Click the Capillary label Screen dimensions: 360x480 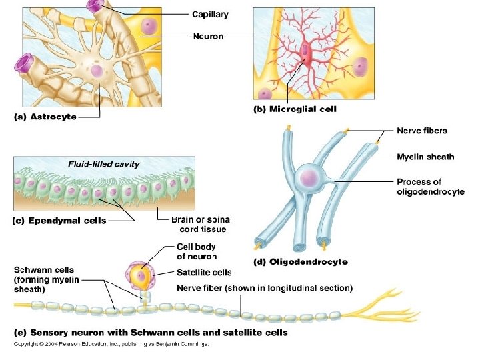click(210, 13)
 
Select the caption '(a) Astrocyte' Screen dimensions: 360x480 click(45, 117)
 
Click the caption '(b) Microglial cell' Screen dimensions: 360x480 click(295, 109)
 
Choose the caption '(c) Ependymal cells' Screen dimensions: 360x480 click(59, 221)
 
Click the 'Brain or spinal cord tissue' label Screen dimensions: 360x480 click(201, 225)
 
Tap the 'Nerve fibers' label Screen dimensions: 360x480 click(421, 131)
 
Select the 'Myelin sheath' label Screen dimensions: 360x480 click(425, 157)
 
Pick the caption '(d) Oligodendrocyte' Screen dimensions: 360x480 click(301, 262)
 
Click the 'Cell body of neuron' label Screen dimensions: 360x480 click(197, 251)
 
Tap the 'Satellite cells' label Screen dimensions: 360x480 click(204, 272)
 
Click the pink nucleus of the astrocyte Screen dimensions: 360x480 click(97, 71)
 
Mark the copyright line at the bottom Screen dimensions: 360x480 click(111, 344)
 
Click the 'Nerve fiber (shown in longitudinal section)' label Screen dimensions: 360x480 click(265, 288)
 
